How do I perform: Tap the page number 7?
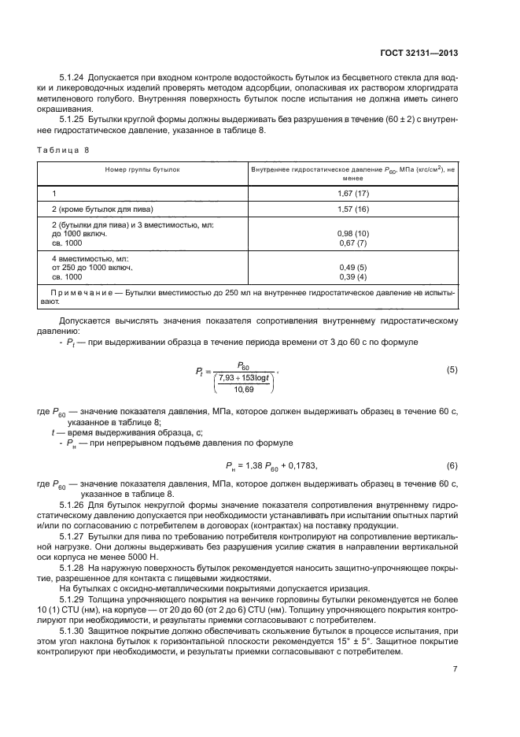(455, 669)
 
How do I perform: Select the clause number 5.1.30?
(72, 631)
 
